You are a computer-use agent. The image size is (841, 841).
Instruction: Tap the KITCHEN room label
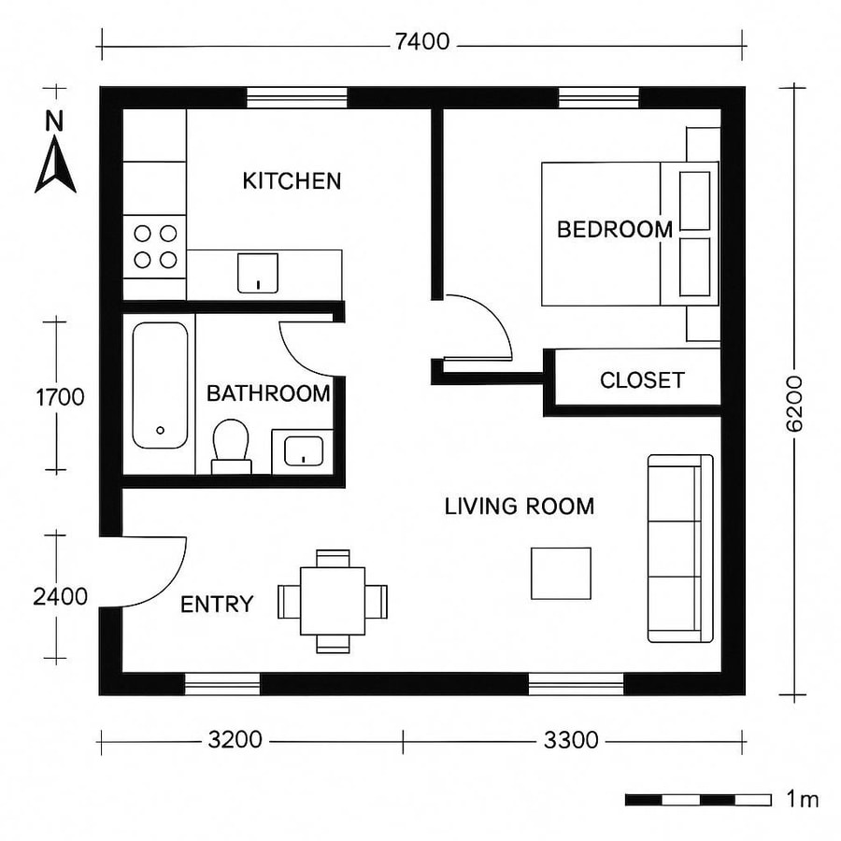point(292,181)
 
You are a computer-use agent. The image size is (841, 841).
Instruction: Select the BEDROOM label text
point(614,229)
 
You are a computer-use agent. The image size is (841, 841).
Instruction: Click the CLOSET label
point(642,380)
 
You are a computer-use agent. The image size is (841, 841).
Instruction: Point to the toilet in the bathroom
point(230,446)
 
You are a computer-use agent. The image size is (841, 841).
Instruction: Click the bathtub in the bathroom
point(160,385)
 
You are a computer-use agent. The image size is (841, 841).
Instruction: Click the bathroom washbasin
point(301,450)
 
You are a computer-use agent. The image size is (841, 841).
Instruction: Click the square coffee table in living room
point(561,573)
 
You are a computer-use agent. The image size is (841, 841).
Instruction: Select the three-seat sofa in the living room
point(680,549)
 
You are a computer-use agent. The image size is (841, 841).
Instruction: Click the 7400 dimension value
point(421,41)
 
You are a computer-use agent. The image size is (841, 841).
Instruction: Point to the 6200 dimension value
point(794,402)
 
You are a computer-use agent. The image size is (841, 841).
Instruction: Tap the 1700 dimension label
point(60,397)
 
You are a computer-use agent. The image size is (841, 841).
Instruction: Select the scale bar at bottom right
point(698,800)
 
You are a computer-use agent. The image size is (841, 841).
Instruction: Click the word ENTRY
point(217,605)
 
